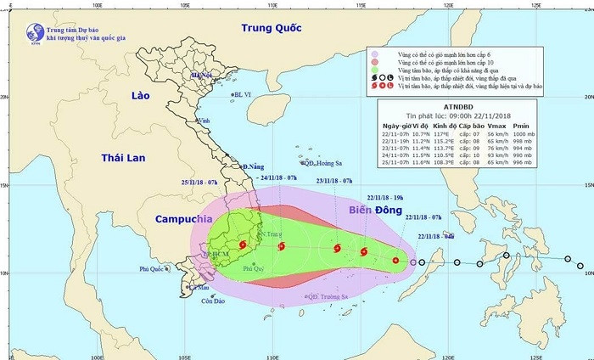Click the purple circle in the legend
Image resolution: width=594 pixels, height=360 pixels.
(x=373, y=53)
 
